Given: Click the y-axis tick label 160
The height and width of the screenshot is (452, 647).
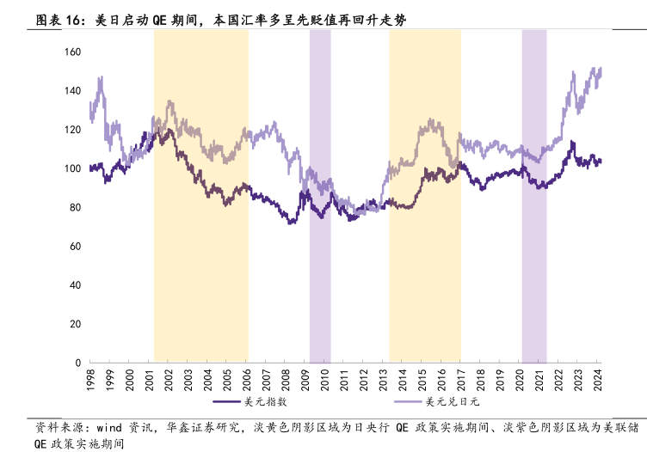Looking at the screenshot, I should click(73, 52).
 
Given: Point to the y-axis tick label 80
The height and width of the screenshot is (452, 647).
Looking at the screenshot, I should click(76, 208).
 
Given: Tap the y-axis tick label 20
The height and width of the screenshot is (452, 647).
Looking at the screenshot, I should click(76, 324).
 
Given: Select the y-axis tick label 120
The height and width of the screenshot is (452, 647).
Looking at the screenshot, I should click(73, 130).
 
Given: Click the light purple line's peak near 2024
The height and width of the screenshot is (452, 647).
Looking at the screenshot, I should click(599, 68).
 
